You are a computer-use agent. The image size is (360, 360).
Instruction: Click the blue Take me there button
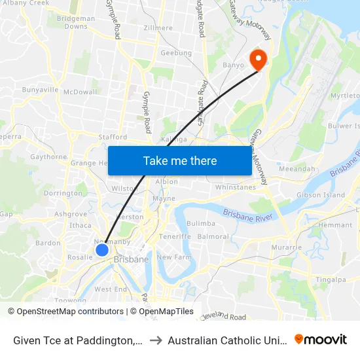(x=179, y=160)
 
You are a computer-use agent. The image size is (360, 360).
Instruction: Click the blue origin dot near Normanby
(x=102, y=249)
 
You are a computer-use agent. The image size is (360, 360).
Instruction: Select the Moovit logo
(x=320, y=339)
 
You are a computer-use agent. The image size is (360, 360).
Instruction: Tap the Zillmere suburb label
(x=158, y=28)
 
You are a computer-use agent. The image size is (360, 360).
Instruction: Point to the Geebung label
(x=176, y=53)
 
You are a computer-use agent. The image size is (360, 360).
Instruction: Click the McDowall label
(x=80, y=92)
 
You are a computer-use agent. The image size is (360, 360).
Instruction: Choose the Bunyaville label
(x=41, y=89)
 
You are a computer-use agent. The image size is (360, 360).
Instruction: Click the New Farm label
(x=173, y=257)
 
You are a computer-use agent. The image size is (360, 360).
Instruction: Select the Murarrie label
(x=287, y=247)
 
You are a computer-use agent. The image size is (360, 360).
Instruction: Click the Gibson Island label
(x=321, y=195)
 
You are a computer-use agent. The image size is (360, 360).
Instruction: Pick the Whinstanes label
(x=235, y=188)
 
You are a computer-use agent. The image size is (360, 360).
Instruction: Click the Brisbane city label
(x=131, y=260)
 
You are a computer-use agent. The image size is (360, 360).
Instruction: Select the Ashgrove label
(x=71, y=214)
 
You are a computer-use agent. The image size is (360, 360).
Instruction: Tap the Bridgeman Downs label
(x=76, y=23)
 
